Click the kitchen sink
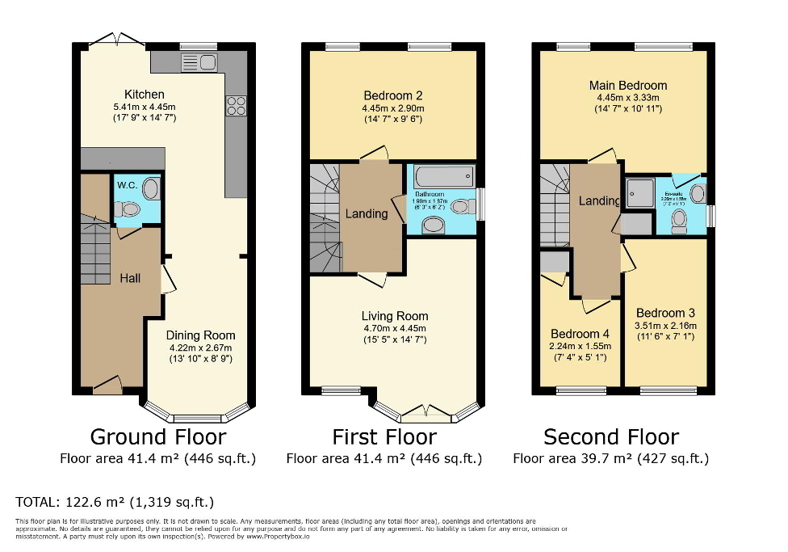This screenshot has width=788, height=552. click(x=199, y=61)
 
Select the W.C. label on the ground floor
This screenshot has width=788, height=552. click(x=127, y=183)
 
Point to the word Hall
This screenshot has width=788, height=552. click(x=130, y=278)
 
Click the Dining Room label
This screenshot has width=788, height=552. click(x=201, y=335)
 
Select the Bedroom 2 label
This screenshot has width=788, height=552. click(x=392, y=95)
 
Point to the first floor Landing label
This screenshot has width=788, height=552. click(x=367, y=214)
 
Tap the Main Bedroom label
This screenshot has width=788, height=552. click(x=628, y=86)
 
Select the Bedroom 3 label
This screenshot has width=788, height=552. click(x=665, y=314)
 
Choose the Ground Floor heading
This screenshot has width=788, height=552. click(x=157, y=437)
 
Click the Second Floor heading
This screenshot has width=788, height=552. click(x=611, y=437)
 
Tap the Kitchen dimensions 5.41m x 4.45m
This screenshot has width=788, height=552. click(x=145, y=107)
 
